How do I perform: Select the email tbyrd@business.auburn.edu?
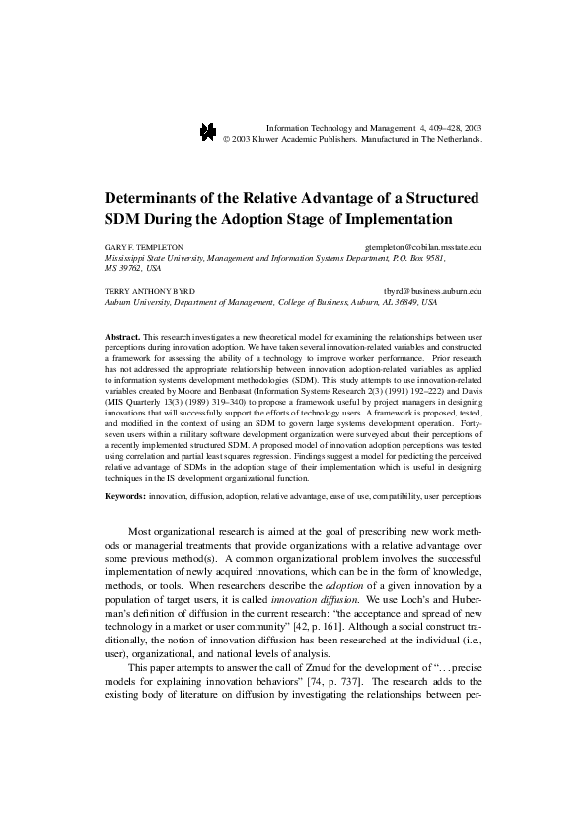(431, 292)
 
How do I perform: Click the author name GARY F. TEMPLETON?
(144, 246)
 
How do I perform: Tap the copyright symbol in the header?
(226, 140)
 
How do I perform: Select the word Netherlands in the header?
(450, 140)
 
